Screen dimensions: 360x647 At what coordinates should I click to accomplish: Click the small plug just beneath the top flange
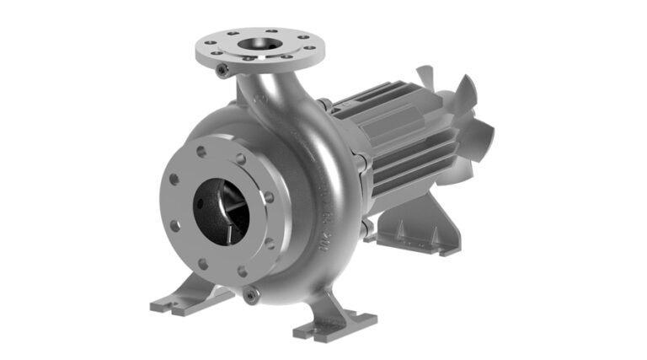222,72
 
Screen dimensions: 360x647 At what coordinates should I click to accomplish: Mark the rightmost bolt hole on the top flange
310,49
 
